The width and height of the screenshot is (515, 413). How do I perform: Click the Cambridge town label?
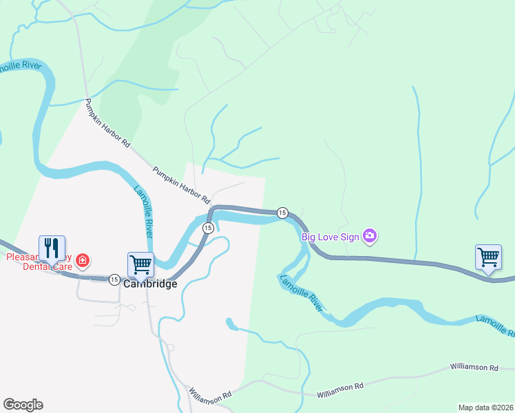click(150, 284)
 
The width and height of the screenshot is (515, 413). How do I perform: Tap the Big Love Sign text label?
click(330, 237)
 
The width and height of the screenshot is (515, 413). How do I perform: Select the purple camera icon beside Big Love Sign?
click(370, 237)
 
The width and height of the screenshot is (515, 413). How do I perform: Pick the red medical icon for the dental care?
click(83, 260)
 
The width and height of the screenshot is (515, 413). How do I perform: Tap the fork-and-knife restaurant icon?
click(52, 248)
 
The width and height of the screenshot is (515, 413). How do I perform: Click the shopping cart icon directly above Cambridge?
click(140, 264)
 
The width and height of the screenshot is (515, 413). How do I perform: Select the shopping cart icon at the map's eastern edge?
click(488, 257)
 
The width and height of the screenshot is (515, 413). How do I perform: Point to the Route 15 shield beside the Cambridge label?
click(114, 279)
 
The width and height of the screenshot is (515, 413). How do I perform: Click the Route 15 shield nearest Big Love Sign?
click(282, 213)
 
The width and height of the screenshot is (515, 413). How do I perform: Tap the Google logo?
click(23, 404)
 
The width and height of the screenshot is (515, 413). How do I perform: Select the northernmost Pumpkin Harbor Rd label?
click(107, 123)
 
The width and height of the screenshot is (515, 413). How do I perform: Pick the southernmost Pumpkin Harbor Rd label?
click(181, 184)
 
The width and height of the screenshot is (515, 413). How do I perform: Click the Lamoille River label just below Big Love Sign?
click(300, 294)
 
